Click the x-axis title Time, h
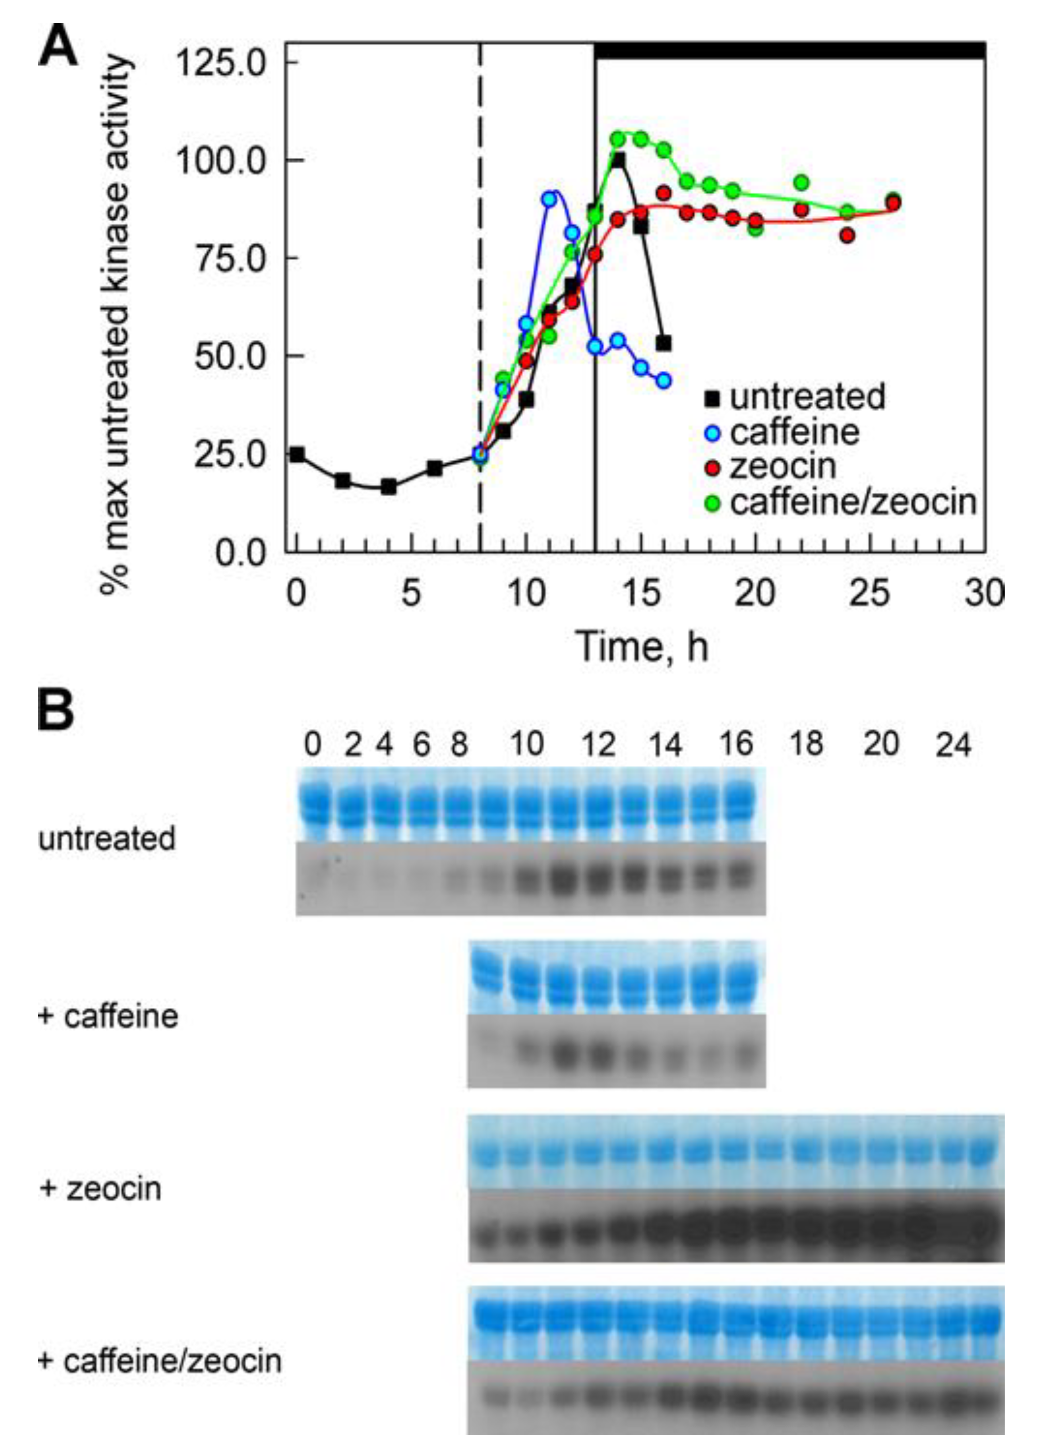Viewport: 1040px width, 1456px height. pos(642,647)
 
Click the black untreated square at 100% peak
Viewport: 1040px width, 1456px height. pos(618,160)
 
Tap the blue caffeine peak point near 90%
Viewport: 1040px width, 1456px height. pos(549,199)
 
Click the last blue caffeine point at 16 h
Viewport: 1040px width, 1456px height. pos(663,380)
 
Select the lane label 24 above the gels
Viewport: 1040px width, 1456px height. pos(953,745)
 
